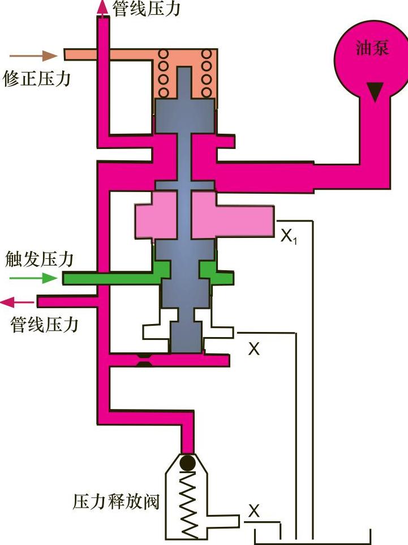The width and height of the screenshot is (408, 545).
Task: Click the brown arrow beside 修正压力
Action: click(x=34, y=56)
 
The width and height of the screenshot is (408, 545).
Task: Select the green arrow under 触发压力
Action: click(x=33, y=278)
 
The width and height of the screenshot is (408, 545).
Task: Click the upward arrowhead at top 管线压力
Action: click(x=102, y=7)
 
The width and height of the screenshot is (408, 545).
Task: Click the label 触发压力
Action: click(x=39, y=259)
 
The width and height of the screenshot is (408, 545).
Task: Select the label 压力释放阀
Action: click(x=117, y=501)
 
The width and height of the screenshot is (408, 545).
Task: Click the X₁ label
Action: click(x=289, y=236)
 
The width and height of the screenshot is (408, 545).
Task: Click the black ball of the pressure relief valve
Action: click(x=187, y=463)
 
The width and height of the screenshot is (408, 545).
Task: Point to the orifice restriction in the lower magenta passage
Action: click(x=145, y=360)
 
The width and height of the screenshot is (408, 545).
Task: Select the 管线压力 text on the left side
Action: click(x=45, y=325)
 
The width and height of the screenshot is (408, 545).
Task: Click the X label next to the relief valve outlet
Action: click(x=254, y=512)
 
